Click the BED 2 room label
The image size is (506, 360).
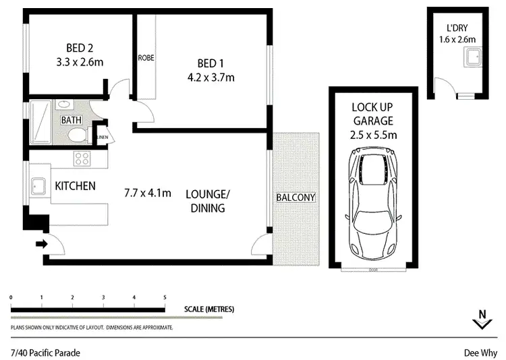point(79,48)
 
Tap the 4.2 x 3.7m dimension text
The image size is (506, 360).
point(211,77)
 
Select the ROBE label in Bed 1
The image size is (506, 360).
point(146,58)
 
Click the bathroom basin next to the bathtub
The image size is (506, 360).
point(65,104)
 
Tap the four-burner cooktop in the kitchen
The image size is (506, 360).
point(82,159)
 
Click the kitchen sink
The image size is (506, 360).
point(38,185)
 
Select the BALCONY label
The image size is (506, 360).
point(295,198)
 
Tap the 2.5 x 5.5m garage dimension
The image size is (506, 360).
point(373,135)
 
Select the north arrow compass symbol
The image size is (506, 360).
point(482,321)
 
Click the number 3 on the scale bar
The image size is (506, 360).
point(103,297)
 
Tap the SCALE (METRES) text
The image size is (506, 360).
point(208,309)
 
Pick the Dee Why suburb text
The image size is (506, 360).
point(480,352)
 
